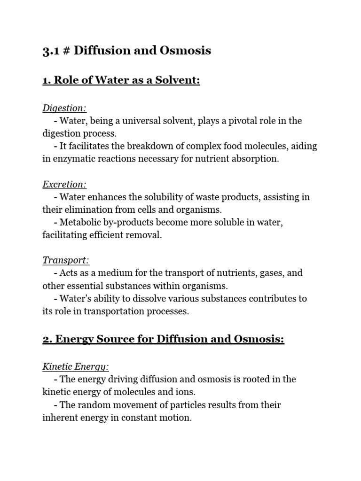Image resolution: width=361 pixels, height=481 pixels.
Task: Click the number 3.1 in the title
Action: tap(51, 51)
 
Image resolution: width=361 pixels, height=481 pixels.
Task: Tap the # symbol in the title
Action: tap(67, 51)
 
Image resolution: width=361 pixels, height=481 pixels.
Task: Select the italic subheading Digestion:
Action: tap(64, 109)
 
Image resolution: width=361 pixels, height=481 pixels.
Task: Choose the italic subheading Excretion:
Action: tap(65, 185)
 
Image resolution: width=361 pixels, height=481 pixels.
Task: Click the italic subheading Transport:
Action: tap(66, 261)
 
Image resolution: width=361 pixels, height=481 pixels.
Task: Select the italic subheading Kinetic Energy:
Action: tap(76, 367)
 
